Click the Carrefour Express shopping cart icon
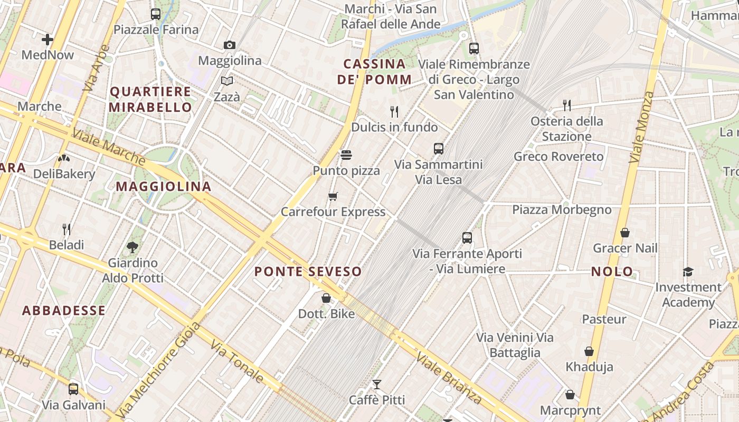(333, 196)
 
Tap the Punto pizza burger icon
(346, 155)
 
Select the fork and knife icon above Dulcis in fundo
(394, 111)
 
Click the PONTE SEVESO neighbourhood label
(308, 272)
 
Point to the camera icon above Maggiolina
(229, 45)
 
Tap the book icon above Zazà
(227, 81)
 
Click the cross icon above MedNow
(48, 39)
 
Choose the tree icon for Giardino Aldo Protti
(132, 247)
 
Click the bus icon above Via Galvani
(73, 389)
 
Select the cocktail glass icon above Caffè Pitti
(377, 384)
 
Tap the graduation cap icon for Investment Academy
(688, 272)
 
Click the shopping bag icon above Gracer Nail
(625, 233)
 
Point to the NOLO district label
(612, 272)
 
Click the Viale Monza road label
(642, 127)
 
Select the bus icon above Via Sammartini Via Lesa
(439, 149)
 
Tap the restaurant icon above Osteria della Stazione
(567, 105)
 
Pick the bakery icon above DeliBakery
(64, 158)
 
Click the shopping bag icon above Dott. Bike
(326, 298)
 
